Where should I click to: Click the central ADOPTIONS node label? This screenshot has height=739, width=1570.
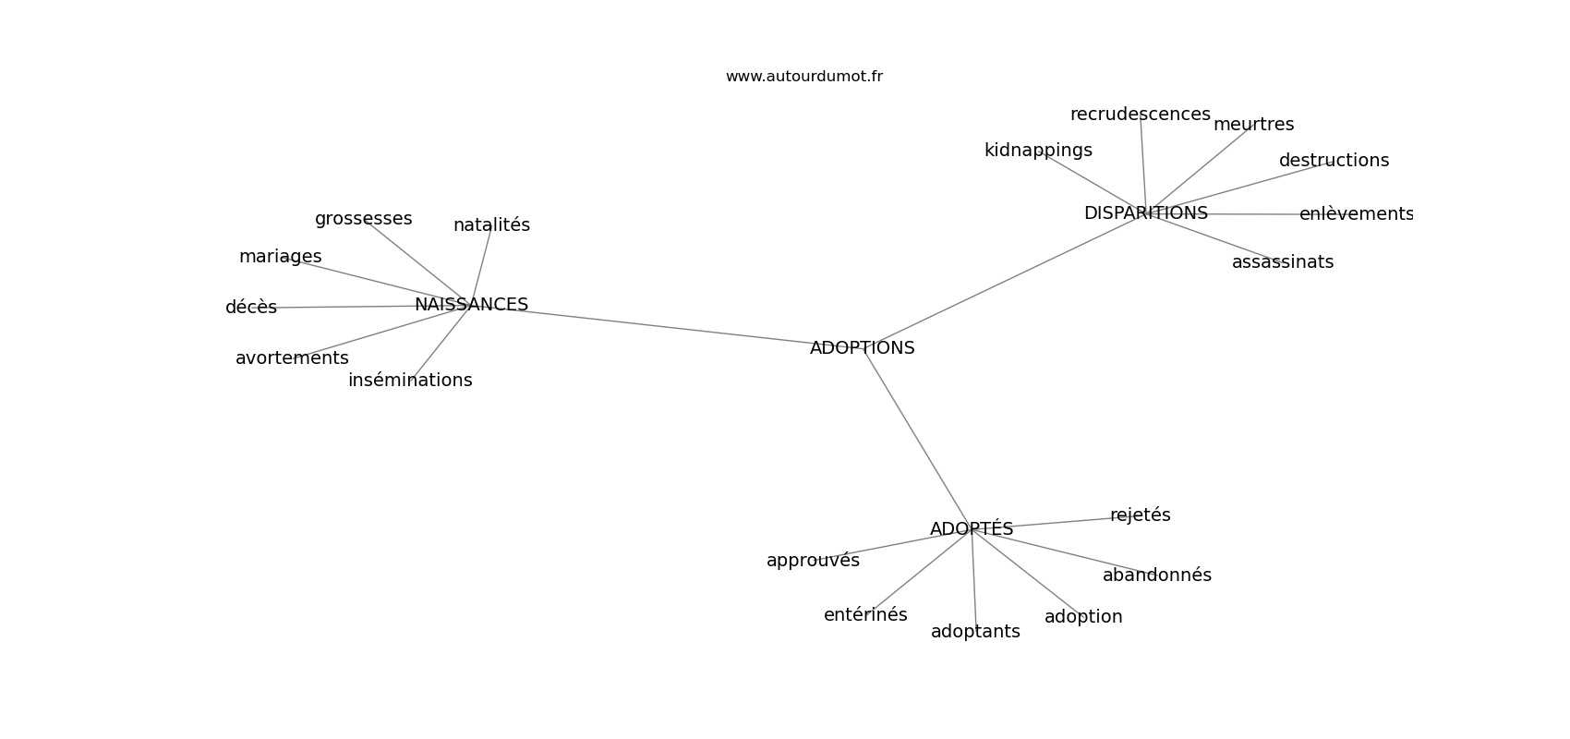pyautogui.click(x=862, y=347)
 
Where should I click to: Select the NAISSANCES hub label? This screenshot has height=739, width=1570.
pyautogui.click(x=471, y=304)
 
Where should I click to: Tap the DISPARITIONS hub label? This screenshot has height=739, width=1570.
pyautogui.click(x=1146, y=213)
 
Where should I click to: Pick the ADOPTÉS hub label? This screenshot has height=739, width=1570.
pyautogui.click(x=972, y=528)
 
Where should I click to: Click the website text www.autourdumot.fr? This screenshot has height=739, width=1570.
pyautogui.click(x=803, y=77)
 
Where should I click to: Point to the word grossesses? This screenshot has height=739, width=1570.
pyautogui.click(x=363, y=219)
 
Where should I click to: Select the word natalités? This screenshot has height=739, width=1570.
pyautogui.click(x=491, y=225)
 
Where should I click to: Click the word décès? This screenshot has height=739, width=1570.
pyautogui.click(x=251, y=307)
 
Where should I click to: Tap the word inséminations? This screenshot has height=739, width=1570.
pyautogui.click(x=410, y=380)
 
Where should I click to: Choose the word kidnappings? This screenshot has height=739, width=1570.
pyautogui.click(x=1038, y=151)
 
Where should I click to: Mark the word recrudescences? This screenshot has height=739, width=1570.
pyautogui.click(x=1141, y=115)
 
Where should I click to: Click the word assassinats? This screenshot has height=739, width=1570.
pyautogui.click(x=1283, y=262)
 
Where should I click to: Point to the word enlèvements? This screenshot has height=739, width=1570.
pyautogui.click(x=1357, y=213)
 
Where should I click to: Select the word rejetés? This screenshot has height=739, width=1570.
pyautogui.click(x=1141, y=515)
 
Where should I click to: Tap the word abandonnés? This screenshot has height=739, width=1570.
pyautogui.click(x=1157, y=575)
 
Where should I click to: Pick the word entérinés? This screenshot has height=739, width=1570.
pyautogui.click(x=865, y=615)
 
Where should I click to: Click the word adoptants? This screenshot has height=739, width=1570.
pyautogui.click(x=975, y=632)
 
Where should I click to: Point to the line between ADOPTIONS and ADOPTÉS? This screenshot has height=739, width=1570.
pyautogui.click(x=917, y=438)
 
